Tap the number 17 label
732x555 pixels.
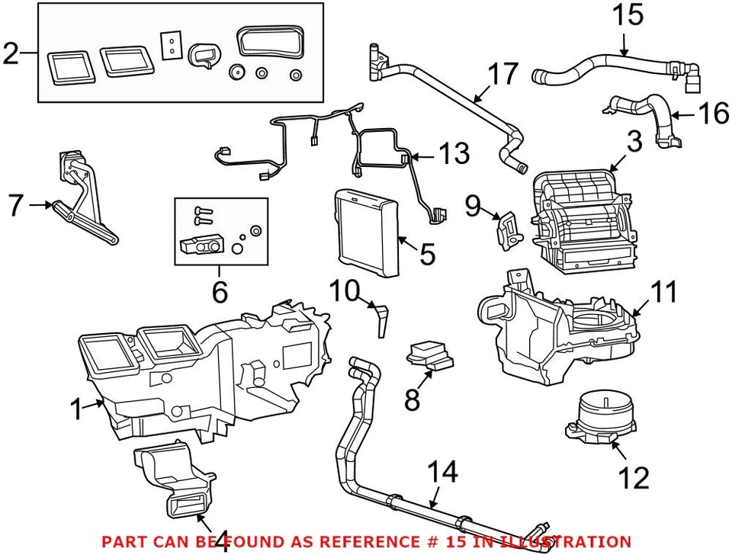(x=502, y=75)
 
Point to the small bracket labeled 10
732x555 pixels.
(x=380, y=316)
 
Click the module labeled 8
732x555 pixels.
(x=429, y=356)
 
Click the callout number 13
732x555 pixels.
(x=455, y=155)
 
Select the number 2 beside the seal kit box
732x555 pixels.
(x=11, y=53)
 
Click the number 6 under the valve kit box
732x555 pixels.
(x=219, y=290)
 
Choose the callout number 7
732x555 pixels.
(x=16, y=205)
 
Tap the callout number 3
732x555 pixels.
(x=634, y=142)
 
